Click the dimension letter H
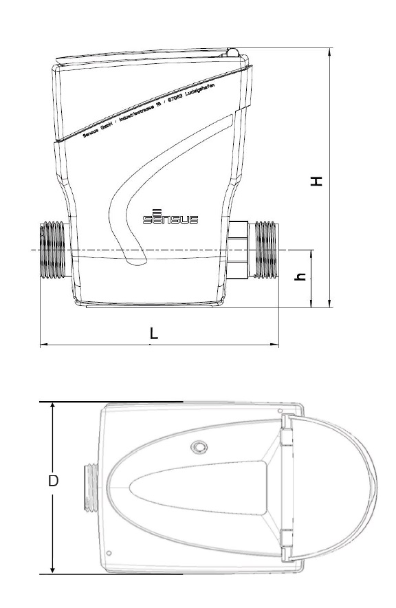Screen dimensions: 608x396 316,181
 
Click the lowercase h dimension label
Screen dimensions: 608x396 299,278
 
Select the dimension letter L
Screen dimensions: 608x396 154,333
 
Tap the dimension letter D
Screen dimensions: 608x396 53,481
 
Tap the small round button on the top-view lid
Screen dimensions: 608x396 199,447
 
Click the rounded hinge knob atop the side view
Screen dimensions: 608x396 234,52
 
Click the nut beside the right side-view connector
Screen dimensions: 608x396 239,250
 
